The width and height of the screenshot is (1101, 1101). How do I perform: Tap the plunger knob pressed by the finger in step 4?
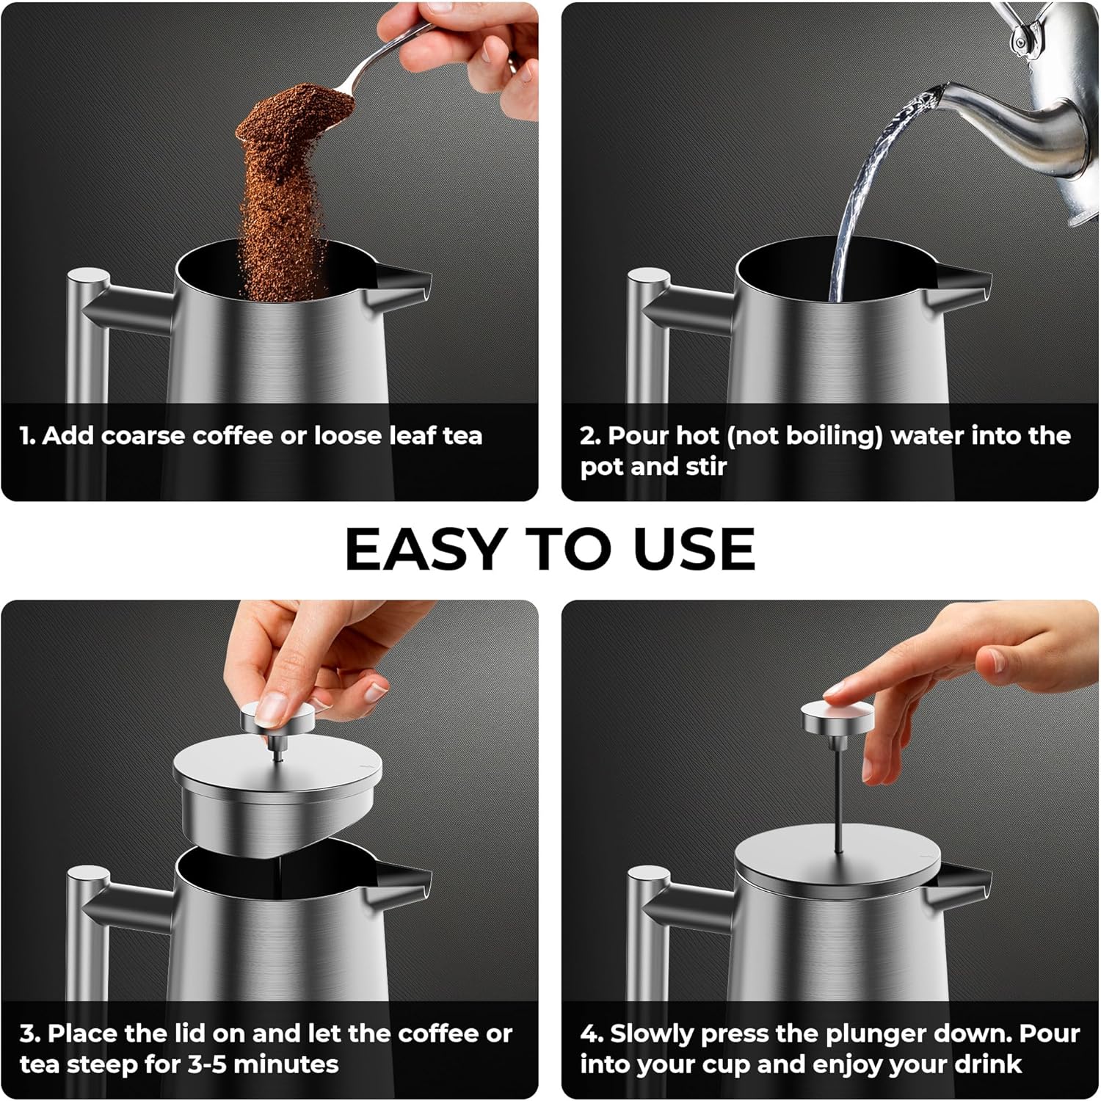pyautogui.click(x=837, y=716)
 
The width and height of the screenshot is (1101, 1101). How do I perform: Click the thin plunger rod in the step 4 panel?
pyautogui.click(x=837, y=793)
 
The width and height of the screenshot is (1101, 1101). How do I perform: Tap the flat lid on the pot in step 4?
pyautogui.click(x=837, y=859)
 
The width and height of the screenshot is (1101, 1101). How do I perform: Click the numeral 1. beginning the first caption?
pyautogui.click(x=28, y=436)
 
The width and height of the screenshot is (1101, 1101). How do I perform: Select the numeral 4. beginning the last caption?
pyautogui.click(x=592, y=1033)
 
